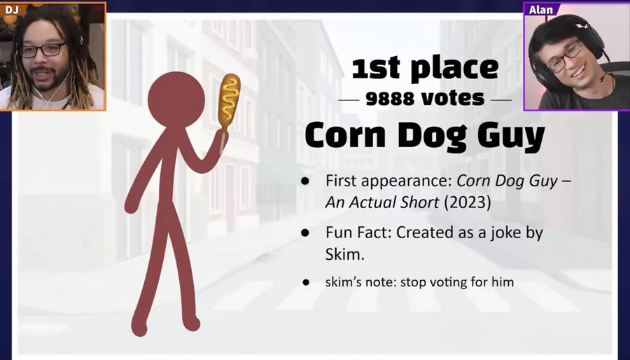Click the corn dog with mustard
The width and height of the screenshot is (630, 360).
click(x=229, y=100)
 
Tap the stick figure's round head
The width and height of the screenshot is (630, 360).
click(x=176, y=99)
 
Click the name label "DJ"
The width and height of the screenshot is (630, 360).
click(x=12, y=9)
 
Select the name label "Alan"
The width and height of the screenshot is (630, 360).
click(x=541, y=10)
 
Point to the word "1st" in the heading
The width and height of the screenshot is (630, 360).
click(x=376, y=68)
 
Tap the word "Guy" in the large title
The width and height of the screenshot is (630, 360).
click(x=511, y=136)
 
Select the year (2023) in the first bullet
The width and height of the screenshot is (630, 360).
click(x=468, y=202)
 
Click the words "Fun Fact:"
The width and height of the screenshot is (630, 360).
click(x=358, y=233)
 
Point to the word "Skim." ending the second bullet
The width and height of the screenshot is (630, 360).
click(x=344, y=254)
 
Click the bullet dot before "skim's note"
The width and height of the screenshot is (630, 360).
click(x=306, y=282)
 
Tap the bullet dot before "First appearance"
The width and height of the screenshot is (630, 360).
click(x=305, y=181)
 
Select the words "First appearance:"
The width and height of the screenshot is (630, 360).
click(x=389, y=181)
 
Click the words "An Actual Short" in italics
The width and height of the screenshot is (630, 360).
click(x=382, y=202)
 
